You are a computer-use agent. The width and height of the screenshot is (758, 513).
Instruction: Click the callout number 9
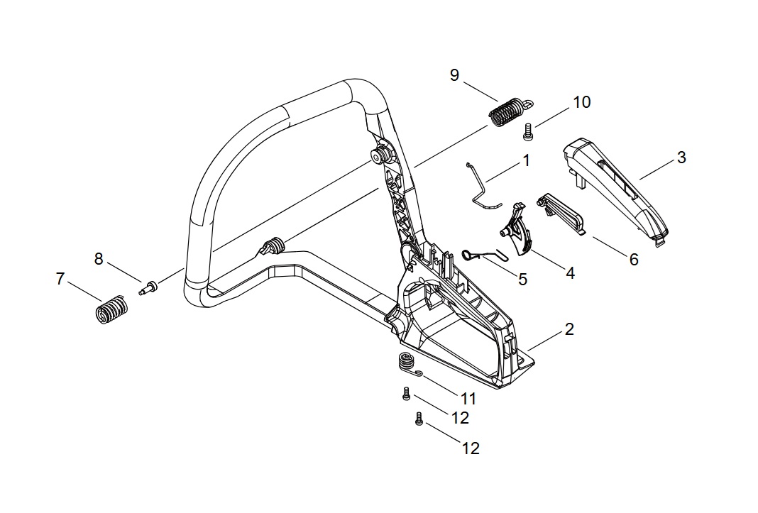point(454,75)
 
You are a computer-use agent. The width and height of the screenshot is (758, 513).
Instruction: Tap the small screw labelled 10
point(527,131)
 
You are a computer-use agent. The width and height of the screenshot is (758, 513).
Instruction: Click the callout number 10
point(581,102)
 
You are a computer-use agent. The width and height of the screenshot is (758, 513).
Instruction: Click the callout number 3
point(681,158)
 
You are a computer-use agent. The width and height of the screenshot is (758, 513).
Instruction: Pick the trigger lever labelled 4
point(517,228)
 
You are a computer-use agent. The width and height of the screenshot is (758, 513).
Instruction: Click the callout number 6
point(634,260)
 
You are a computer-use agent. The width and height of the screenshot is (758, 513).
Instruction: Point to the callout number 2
point(569,329)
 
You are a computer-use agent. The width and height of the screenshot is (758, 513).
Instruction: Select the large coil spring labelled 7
point(111,311)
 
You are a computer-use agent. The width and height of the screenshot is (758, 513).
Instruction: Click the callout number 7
point(60,280)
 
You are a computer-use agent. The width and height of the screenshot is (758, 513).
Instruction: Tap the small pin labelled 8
point(148,288)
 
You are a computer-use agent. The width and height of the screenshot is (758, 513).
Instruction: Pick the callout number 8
point(99,259)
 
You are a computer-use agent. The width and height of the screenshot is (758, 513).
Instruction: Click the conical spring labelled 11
point(406,362)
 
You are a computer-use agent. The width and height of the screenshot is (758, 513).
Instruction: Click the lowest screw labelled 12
point(419,420)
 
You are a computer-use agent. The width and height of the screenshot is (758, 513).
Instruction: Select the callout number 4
point(570,272)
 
